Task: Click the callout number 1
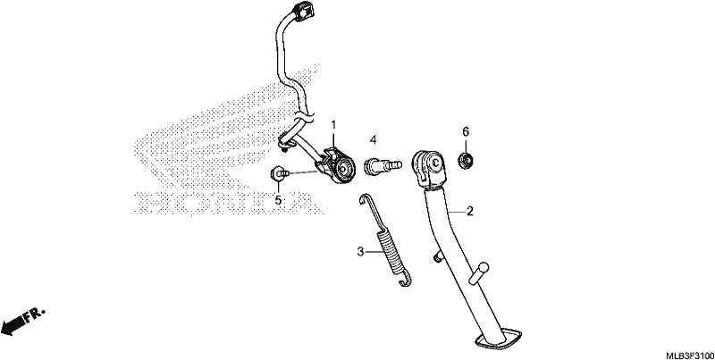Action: click(333, 124)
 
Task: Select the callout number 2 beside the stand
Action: click(470, 212)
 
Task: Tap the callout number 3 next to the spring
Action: click(361, 252)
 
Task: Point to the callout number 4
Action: click(373, 140)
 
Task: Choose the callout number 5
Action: click(278, 200)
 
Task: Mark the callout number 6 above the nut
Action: click(466, 131)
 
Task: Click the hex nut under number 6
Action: click(465, 160)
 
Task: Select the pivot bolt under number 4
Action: click(383, 164)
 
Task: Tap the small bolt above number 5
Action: click(279, 172)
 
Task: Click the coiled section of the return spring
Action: click(387, 253)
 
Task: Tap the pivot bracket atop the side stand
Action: click(429, 170)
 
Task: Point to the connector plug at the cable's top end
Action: click(301, 11)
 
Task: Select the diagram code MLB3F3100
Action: click(689, 355)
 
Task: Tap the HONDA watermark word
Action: click(228, 204)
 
